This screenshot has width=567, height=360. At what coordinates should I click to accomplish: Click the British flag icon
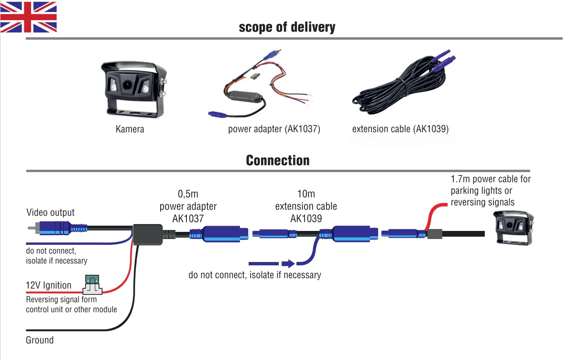pos(29,17)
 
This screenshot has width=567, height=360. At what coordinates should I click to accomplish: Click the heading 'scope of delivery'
pos(287,27)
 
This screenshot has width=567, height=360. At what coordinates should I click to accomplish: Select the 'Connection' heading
pos(278,160)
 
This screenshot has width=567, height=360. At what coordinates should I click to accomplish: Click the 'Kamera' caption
pos(130,129)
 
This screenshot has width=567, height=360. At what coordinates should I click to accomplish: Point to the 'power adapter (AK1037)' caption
pos(274,129)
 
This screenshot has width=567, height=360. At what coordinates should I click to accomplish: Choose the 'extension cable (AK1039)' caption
pos(400,129)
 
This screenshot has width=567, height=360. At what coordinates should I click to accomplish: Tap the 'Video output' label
pos(50,212)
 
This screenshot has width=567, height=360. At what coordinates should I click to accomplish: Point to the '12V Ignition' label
pos(48,285)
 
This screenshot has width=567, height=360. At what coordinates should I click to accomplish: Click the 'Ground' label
pos(40,340)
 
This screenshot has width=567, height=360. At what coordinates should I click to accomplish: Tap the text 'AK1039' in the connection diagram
pos(306,218)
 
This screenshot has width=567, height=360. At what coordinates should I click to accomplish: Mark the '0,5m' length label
pos(188,195)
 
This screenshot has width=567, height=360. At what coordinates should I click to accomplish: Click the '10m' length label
pos(306,195)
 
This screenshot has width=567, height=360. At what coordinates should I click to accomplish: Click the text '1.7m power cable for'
pos(491,179)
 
